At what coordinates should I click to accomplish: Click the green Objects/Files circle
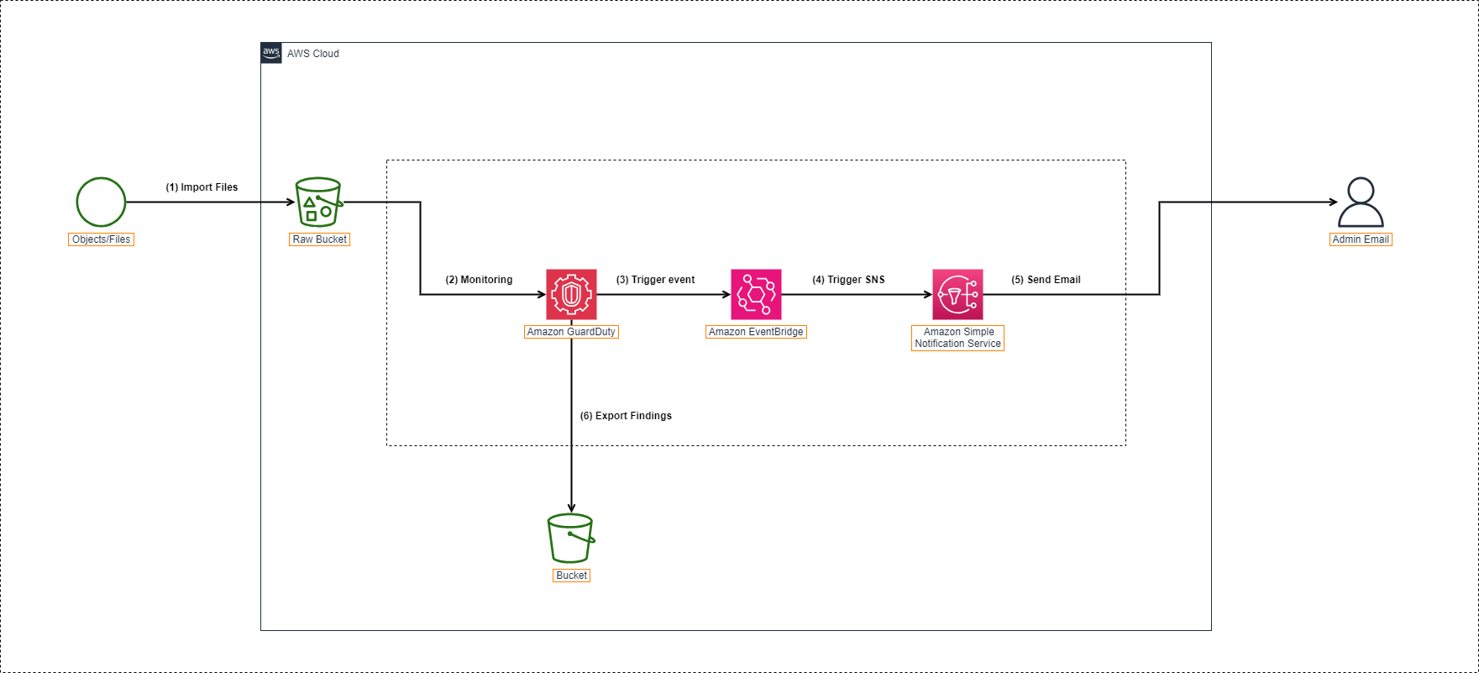[101, 202]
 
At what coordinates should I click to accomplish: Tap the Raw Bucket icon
[318, 202]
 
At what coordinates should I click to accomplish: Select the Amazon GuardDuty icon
[571, 294]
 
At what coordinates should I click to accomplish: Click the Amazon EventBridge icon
[756, 294]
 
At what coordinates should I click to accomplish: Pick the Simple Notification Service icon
[957, 294]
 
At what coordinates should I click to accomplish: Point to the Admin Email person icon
[1361, 202]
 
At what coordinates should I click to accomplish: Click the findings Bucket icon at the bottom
[571, 538]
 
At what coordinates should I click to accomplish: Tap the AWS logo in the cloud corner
[271, 53]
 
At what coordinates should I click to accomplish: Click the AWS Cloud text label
[313, 54]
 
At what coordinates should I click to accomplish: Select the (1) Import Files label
[202, 187]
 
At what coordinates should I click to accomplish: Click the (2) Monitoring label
[479, 280]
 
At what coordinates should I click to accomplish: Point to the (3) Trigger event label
[655, 280]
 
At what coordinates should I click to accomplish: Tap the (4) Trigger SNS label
[848, 280]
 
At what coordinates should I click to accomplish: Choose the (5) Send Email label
[1046, 280]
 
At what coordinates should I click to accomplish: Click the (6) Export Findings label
[626, 416]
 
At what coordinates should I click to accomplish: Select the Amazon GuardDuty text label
[571, 332]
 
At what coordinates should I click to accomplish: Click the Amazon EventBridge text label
[756, 332]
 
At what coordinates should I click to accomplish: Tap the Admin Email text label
[1361, 239]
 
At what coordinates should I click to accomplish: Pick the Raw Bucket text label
[319, 239]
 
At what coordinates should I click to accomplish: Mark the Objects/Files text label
[101, 239]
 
